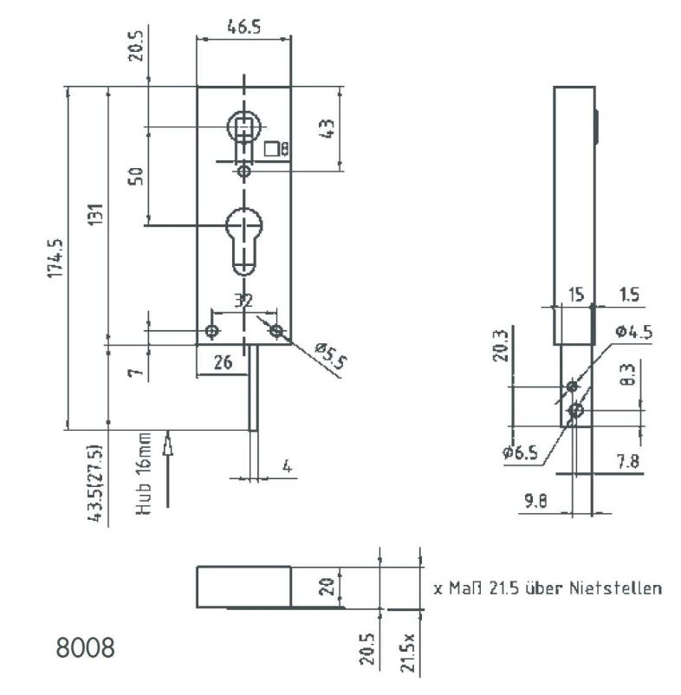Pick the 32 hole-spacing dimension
coord(243,301)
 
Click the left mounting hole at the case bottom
coord(211,331)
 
